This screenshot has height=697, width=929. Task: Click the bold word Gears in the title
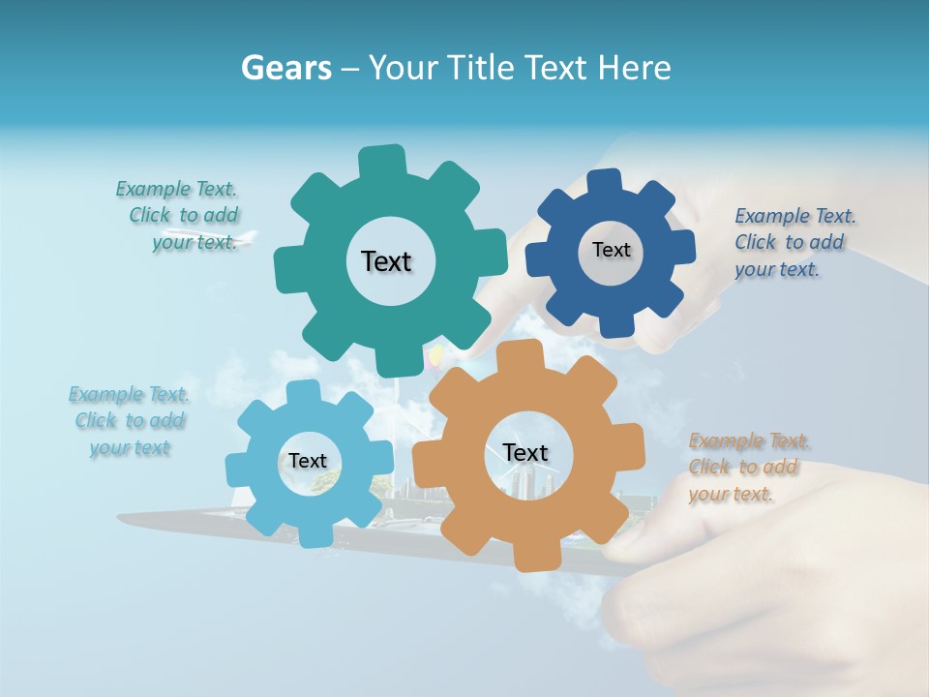pos(286,68)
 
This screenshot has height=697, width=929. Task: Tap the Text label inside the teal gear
pos(386,261)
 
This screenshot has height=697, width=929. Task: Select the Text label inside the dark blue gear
pos(611,250)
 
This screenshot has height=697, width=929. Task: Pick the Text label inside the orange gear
pos(524,452)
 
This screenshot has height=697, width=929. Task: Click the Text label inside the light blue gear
pos(307,461)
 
